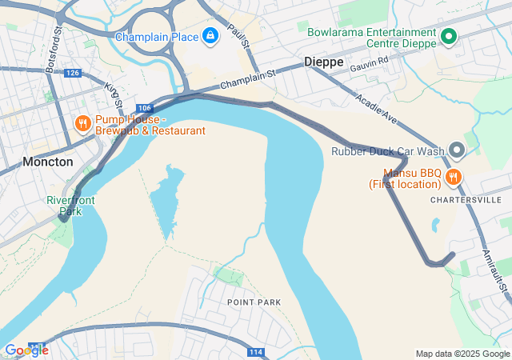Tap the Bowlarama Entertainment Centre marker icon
(450, 37)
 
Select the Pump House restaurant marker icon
(82, 124)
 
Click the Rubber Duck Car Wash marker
(457, 150)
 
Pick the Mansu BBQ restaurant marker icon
(454, 177)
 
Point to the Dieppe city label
(323, 61)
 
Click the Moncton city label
(48, 162)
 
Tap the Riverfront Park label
(70, 206)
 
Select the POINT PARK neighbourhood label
(254, 302)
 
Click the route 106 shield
(144, 108)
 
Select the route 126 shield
(73, 73)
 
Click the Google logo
(26, 350)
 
